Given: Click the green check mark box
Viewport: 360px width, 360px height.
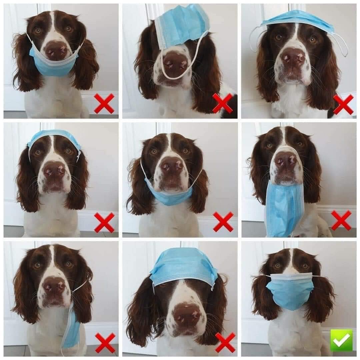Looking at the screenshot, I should [x=341, y=340].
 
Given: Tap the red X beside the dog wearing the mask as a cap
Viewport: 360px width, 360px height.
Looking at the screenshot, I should [x=225, y=342].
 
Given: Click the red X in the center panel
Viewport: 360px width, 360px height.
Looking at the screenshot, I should [x=223, y=222].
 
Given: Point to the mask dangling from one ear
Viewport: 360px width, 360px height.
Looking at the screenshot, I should [x=71, y=328].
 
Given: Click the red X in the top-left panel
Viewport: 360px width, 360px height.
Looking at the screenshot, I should [x=104, y=103].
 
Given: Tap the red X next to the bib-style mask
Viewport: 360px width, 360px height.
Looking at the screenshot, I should [x=341, y=220].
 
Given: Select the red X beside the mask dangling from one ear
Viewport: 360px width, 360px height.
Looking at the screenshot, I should [x=105, y=342].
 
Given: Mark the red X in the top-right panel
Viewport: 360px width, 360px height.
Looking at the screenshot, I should [x=343, y=104].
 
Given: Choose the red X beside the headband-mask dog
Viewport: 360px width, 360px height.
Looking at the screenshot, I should [x=104, y=222].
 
